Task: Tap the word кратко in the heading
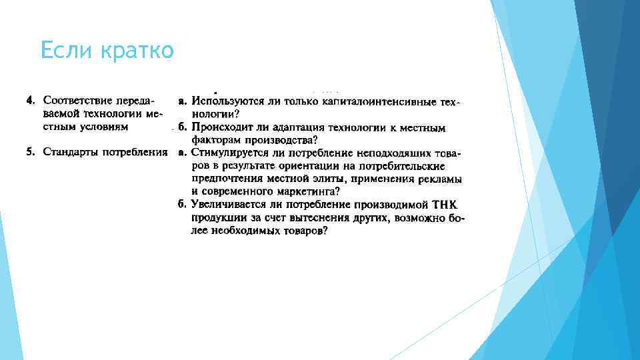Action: [x=139, y=51]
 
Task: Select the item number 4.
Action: [x=30, y=101]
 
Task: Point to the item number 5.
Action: [x=30, y=153]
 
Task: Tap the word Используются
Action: [x=224, y=101]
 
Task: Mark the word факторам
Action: [x=215, y=140]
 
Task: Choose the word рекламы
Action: [x=443, y=179]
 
